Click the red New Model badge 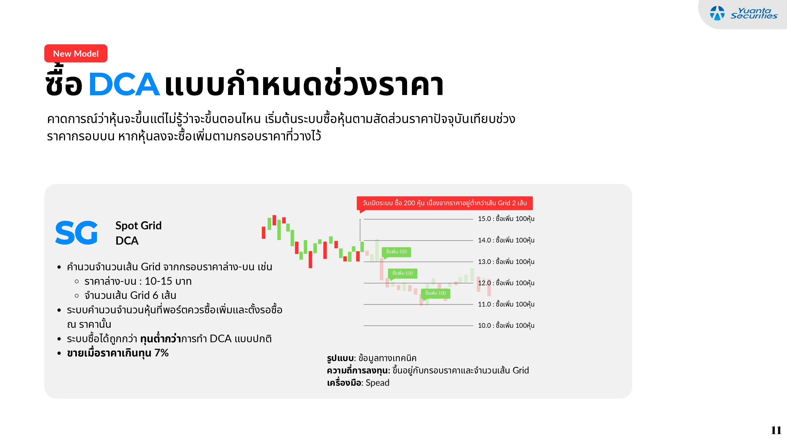(x=76, y=54)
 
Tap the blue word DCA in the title (x=124, y=84)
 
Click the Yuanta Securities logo (x=743, y=13)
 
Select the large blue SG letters (x=76, y=233)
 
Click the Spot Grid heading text (x=139, y=226)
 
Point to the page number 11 (x=776, y=430)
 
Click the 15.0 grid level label (x=506, y=219)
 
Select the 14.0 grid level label (x=506, y=240)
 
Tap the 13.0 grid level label (x=506, y=262)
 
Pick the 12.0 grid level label (x=506, y=283)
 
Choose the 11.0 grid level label (x=506, y=304)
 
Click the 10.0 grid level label (x=506, y=326)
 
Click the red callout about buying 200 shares (x=444, y=203)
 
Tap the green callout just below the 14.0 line (x=396, y=252)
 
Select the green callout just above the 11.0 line (x=435, y=293)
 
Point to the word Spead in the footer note (x=377, y=383)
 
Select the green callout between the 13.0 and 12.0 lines (x=403, y=273)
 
